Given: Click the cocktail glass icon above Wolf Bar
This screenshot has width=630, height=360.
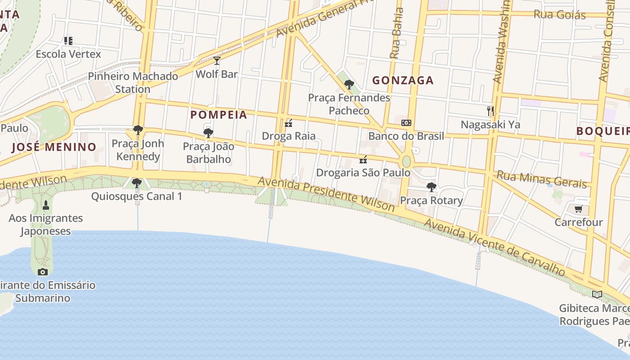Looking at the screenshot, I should (217, 60).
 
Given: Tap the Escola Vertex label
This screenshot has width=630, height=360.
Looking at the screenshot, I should (68, 54).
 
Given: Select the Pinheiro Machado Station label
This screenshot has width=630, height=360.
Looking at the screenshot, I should (133, 82).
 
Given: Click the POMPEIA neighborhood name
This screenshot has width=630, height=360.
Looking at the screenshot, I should (219, 115).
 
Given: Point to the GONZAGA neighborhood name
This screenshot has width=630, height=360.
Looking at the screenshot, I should (403, 81).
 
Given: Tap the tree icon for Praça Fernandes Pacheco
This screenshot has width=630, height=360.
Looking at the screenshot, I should (349, 84).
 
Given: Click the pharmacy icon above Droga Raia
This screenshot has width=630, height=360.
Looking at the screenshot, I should (288, 123).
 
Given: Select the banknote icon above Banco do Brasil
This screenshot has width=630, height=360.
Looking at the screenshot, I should (406, 123).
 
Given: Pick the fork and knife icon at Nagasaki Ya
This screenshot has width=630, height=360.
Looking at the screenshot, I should (490, 111).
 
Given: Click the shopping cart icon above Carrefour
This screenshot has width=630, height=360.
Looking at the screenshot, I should (578, 209).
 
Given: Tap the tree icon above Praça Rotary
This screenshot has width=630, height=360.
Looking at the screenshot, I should (431, 187).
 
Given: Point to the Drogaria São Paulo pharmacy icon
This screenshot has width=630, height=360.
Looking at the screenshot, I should (363, 160).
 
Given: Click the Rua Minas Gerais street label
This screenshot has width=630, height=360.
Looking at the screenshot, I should (542, 179).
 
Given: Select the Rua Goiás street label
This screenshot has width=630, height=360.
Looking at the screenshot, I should (559, 14).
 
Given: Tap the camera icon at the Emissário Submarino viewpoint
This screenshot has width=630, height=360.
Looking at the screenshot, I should (43, 272).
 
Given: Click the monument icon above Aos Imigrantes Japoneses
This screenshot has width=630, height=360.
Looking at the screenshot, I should (45, 205).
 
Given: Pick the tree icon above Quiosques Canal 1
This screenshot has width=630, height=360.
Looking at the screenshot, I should (137, 183).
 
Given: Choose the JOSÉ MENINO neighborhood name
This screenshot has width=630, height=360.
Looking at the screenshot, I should (54, 147).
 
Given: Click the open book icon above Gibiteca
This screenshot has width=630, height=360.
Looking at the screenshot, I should (597, 295).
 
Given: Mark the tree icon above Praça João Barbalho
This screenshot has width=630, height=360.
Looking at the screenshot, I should (208, 133).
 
